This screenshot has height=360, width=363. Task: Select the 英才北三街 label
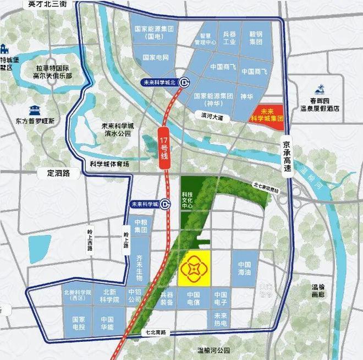(x=47, y=4)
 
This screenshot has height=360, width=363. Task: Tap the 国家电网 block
(x=155, y=57)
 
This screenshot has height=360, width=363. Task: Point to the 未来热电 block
(x=221, y=320)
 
